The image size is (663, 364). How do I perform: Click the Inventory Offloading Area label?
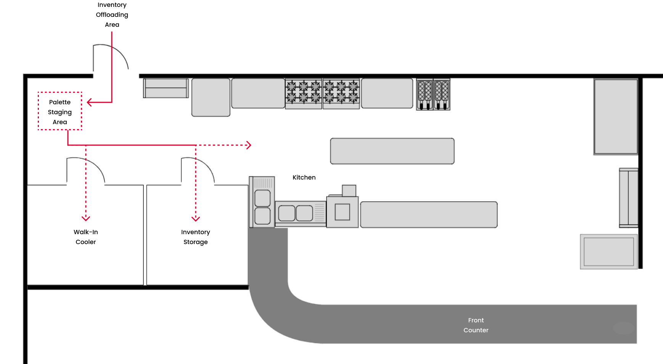click(x=112, y=15)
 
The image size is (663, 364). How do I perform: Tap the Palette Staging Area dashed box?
click(x=60, y=111)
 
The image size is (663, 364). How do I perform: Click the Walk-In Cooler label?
click(x=86, y=237)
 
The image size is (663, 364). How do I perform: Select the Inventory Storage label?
click(x=195, y=237)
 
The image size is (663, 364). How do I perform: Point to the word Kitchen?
click(x=304, y=177)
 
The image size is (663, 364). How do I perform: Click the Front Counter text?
click(x=476, y=325)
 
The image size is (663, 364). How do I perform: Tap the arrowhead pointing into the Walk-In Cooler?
click(x=86, y=218)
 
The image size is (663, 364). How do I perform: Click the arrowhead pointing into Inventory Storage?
click(x=196, y=218)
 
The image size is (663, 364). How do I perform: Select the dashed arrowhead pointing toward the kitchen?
click(x=249, y=145)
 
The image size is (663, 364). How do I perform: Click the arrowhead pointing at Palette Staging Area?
click(x=89, y=102)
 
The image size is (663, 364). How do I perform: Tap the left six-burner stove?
click(x=304, y=94)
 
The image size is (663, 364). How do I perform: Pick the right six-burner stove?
click(x=341, y=94)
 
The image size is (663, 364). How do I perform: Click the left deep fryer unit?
click(x=425, y=94)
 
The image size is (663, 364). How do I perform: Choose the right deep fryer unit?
click(x=442, y=94)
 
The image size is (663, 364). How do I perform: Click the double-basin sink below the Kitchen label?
click(x=296, y=213)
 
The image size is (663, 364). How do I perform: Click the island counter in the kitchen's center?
click(x=392, y=151)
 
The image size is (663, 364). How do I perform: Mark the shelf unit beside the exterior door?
click(x=166, y=88)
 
